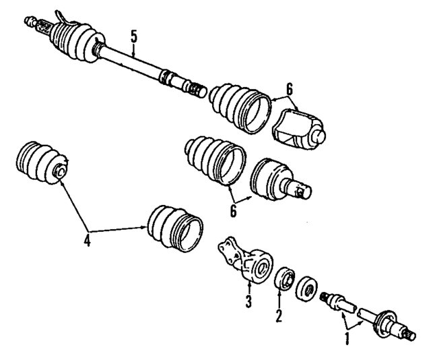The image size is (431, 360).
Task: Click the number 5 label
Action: tap(133, 38)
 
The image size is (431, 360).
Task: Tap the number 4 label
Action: tap(87, 239)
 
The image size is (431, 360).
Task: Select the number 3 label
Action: tap(248, 301)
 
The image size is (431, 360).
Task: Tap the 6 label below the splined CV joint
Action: tap(234, 210)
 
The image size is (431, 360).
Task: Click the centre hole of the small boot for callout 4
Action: tap(60, 171)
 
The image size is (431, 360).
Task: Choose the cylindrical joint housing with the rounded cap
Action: tap(300, 129)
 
